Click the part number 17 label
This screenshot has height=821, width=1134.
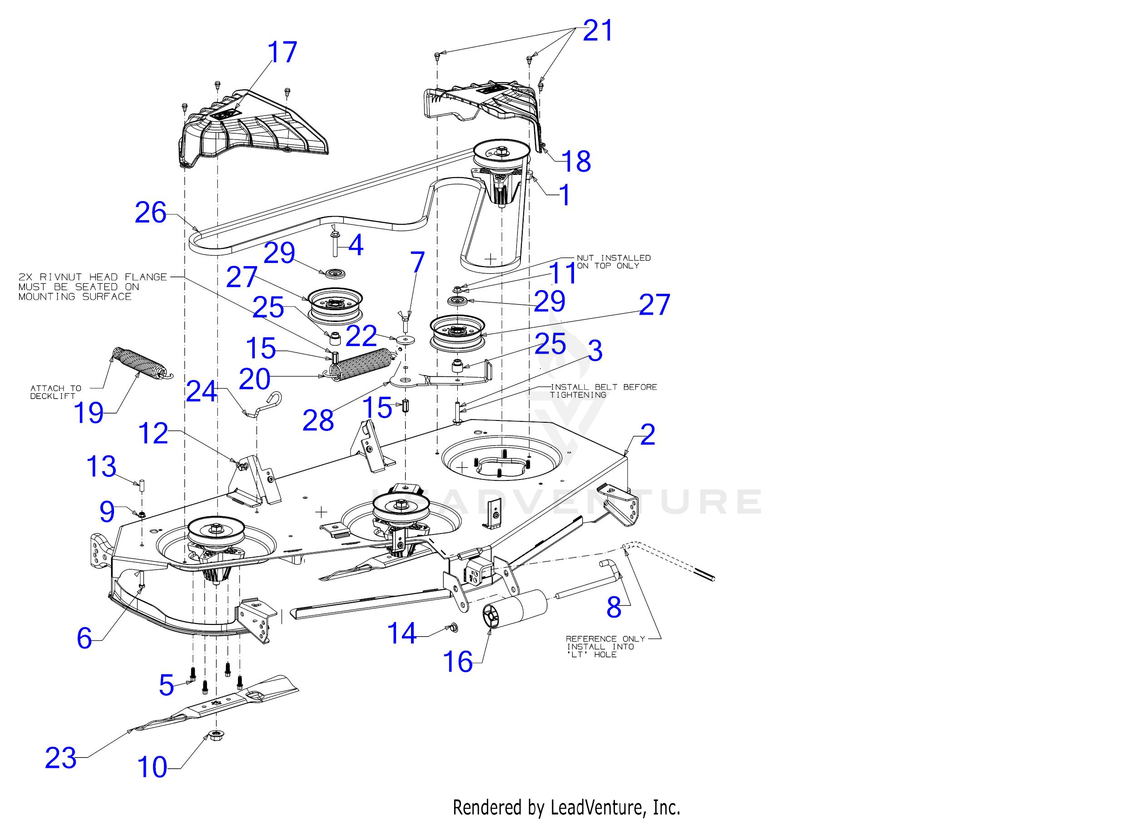[282, 53]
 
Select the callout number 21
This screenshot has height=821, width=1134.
[598, 31]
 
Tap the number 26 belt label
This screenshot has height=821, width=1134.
[150, 213]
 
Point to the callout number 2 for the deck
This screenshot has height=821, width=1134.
[647, 435]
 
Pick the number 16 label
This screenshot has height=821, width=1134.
[458, 662]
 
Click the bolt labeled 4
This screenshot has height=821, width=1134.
[335, 242]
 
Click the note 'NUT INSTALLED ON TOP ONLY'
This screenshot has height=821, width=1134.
[614, 262]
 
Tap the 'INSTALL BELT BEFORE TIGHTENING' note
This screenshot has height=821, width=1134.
[604, 391]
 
